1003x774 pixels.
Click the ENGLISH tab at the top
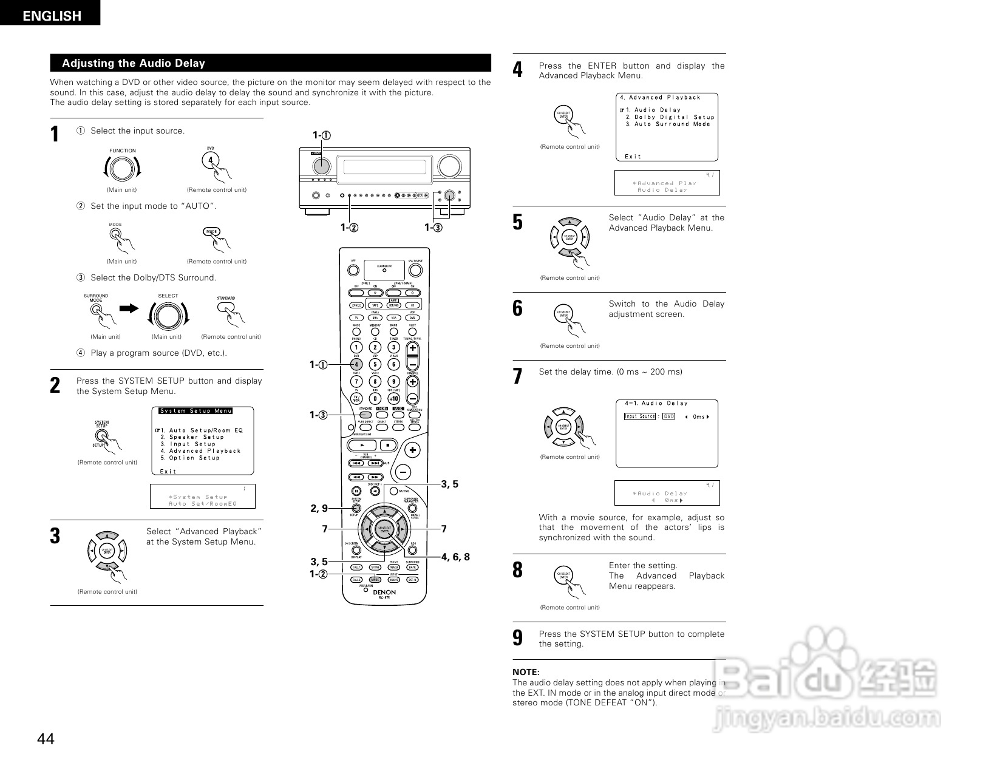click(52, 16)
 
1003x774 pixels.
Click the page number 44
click(46, 739)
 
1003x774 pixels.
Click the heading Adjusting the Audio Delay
click(134, 63)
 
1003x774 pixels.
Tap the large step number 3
click(55, 536)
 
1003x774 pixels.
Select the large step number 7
click(517, 376)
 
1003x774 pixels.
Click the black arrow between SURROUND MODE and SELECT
click(129, 308)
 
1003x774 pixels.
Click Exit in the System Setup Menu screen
click(168, 471)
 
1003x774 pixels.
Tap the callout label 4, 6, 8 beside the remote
click(455, 557)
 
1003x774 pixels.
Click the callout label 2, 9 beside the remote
click(319, 508)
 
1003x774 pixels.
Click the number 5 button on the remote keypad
click(375, 364)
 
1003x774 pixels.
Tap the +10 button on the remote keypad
click(393, 398)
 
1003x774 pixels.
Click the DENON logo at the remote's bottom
click(384, 592)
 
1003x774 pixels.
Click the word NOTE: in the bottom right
click(526, 672)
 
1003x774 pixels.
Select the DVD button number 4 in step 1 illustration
click(210, 160)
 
